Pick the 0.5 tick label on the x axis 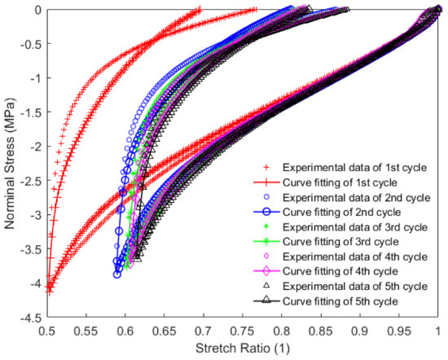point(46,332)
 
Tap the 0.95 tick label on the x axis point(400,332)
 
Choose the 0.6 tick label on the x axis point(125,332)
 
